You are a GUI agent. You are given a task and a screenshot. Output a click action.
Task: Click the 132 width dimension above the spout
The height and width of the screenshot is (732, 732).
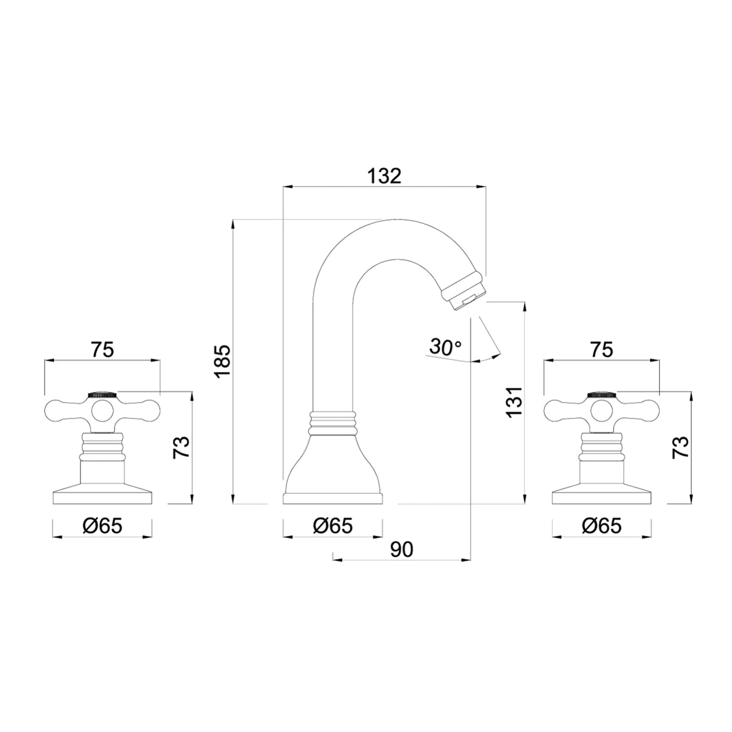click(x=384, y=176)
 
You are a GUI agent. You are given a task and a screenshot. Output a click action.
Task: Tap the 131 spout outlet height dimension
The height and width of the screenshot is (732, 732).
click(x=514, y=401)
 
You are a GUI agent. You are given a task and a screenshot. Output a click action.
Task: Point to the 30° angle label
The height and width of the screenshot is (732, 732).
click(x=445, y=347)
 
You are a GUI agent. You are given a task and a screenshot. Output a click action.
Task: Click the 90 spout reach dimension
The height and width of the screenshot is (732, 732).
click(x=401, y=549)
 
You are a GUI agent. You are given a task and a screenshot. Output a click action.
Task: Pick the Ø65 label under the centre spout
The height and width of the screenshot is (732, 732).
click(x=333, y=526)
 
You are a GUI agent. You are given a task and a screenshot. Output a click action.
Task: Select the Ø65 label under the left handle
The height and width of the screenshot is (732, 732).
click(x=102, y=526)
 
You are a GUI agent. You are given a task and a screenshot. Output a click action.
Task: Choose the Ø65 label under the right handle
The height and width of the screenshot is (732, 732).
click(x=601, y=526)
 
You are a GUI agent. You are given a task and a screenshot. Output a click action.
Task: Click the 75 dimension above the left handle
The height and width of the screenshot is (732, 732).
click(x=102, y=350)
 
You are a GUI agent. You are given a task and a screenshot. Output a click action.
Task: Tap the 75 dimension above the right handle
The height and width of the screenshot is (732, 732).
click(x=601, y=350)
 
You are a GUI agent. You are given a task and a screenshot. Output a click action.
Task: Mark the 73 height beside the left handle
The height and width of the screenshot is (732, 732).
click(x=181, y=448)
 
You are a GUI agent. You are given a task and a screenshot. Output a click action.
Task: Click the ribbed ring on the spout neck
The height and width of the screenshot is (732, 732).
click(x=333, y=420)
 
